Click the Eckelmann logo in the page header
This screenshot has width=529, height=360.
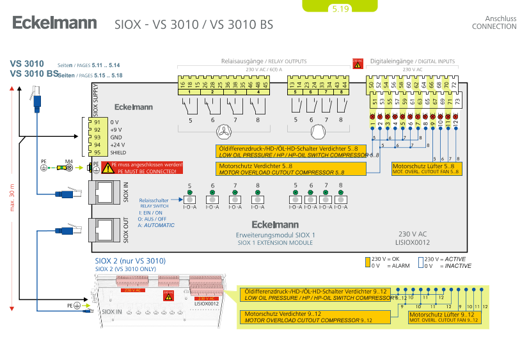pyautogui.click(x=54, y=24)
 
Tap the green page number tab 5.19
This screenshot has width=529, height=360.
pyautogui.click(x=340, y=8)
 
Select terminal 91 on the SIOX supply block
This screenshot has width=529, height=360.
pyautogui.click(x=97, y=121)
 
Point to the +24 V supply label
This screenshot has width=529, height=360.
pyautogui.click(x=118, y=145)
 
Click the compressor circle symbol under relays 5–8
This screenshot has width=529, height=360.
pyautogui.click(x=318, y=132)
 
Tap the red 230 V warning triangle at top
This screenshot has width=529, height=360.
pyautogui.click(x=358, y=63)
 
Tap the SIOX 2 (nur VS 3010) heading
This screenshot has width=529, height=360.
pyautogui.click(x=130, y=261)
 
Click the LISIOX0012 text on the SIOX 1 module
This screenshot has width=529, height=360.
pyautogui.click(x=413, y=242)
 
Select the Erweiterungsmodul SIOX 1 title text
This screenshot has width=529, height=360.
pyautogui.click(x=275, y=235)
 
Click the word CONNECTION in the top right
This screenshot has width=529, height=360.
pyautogui.click(x=494, y=27)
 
